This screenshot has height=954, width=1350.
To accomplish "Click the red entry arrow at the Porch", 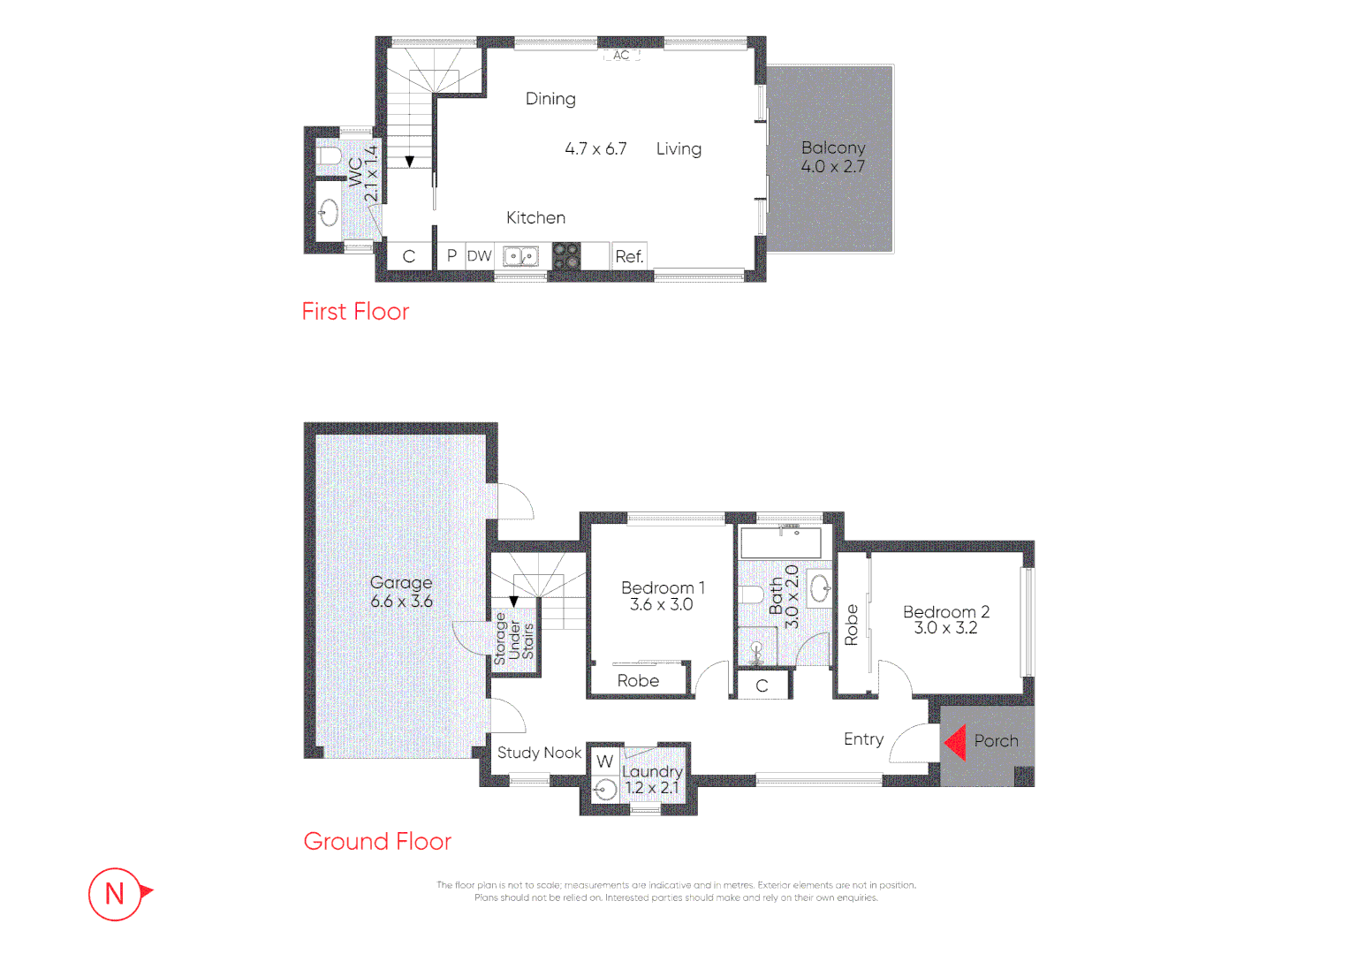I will (x=955, y=742).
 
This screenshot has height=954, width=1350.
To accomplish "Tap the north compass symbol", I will (x=116, y=894).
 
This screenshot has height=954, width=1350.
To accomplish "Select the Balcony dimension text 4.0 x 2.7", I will (x=832, y=167).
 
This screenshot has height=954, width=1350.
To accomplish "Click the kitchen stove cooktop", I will (x=566, y=256).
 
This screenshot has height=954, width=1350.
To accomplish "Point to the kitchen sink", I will (x=520, y=256).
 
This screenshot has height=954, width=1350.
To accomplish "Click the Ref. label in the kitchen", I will (x=629, y=257).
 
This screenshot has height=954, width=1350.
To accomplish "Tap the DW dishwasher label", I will (x=479, y=256).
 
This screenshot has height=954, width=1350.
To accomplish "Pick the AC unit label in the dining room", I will (x=621, y=55).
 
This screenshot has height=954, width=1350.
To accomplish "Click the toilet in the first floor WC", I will (x=330, y=156).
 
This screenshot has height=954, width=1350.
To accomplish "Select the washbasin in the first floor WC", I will (x=329, y=212).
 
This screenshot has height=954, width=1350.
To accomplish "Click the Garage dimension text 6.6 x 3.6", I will (x=401, y=602).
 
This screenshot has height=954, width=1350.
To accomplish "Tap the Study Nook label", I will (x=539, y=753).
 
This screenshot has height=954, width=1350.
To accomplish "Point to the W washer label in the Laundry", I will (x=604, y=761).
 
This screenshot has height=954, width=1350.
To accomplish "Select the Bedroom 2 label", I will (x=945, y=611).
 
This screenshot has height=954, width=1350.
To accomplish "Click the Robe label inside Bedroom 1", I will (x=638, y=681).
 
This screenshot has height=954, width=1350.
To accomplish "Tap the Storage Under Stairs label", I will (x=514, y=637).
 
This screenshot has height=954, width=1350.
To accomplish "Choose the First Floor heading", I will (x=355, y=312).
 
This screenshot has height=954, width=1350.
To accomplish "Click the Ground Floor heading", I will (x=377, y=841).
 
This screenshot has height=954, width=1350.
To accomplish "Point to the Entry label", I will (x=863, y=739).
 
